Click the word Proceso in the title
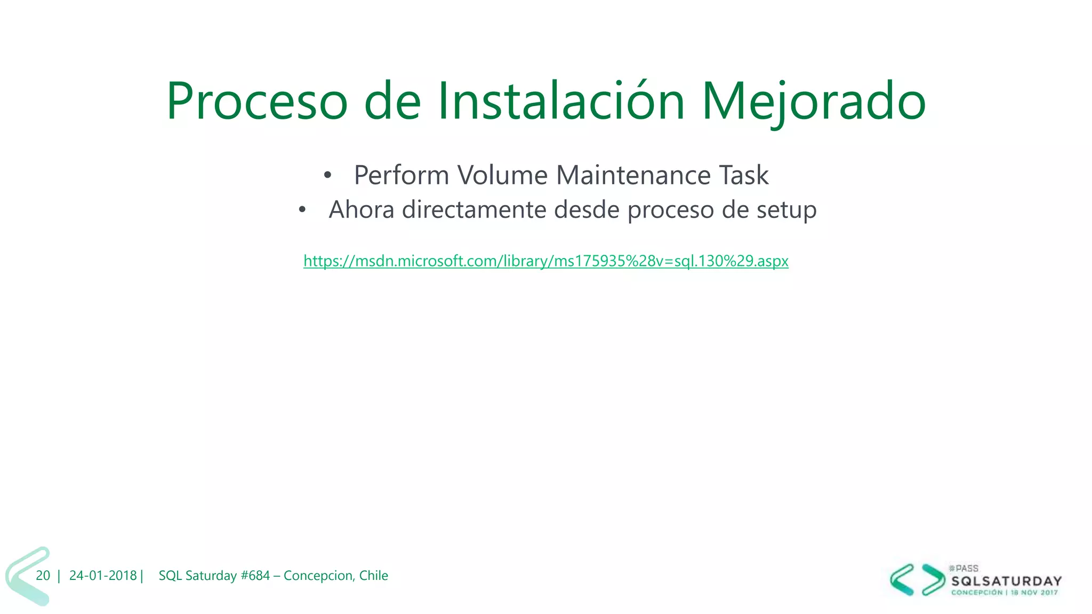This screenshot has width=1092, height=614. tap(257, 101)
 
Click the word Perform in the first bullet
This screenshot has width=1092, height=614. tap(401, 175)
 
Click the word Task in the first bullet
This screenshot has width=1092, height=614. tap(744, 175)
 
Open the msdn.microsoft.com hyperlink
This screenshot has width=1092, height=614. tap(545, 261)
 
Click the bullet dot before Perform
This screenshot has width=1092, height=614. tap(327, 175)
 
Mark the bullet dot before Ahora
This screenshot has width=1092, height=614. tap(302, 210)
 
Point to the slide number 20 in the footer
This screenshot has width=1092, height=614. tap(43, 576)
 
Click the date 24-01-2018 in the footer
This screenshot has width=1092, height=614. tap(103, 576)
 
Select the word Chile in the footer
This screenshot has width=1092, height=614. tap(373, 576)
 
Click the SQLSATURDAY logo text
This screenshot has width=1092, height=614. tap(1006, 581)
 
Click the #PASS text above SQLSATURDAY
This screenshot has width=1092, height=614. tap(964, 569)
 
